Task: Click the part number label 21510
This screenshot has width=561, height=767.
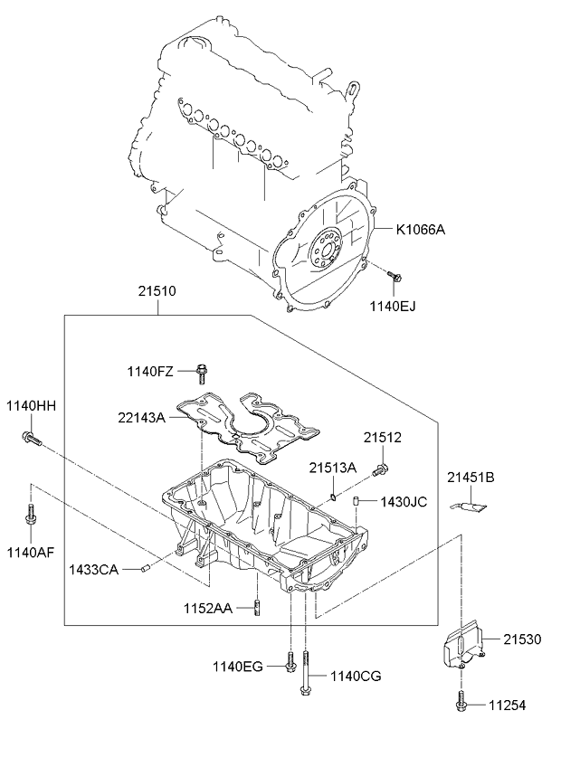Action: pyautogui.click(x=157, y=291)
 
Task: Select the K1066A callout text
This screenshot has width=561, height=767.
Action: pyautogui.click(x=421, y=229)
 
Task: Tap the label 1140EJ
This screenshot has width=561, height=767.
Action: pyautogui.click(x=393, y=307)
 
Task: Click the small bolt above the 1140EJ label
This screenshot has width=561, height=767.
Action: pyautogui.click(x=395, y=276)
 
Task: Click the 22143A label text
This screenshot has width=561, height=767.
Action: pyautogui.click(x=141, y=417)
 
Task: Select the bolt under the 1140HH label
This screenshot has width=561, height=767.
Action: pyautogui.click(x=32, y=438)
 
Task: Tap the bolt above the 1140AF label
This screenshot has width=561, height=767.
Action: pyautogui.click(x=31, y=515)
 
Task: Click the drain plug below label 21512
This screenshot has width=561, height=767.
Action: pyautogui.click(x=380, y=470)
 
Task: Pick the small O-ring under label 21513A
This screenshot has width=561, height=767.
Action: pyautogui.click(x=332, y=497)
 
